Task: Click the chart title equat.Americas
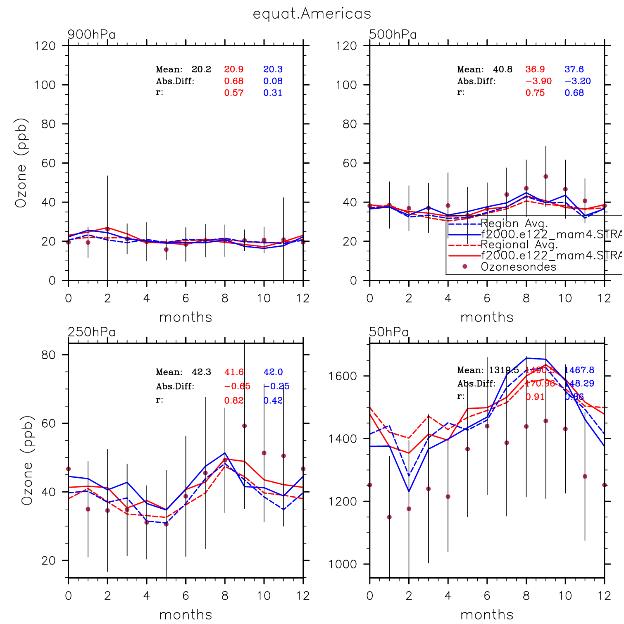(x=312, y=14)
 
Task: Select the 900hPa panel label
(x=91, y=34)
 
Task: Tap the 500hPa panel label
(x=393, y=34)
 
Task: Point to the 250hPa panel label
(x=91, y=332)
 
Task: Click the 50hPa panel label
(x=389, y=332)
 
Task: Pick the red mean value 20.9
(x=234, y=69)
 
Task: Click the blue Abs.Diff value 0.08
(x=273, y=81)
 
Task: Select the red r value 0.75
(x=535, y=93)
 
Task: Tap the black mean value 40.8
(x=503, y=69)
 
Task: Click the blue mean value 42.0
(x=273, y=372)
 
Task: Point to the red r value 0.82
(x=234, y=400)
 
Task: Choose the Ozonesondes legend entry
(x=518, y=267)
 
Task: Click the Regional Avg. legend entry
(x=519, y=245)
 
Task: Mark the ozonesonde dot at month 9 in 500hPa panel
(x=545, y=176)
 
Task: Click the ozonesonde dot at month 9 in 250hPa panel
(x=244, y=426)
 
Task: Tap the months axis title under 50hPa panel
(x=487, y=614)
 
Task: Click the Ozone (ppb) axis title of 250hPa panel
(x=27, y=460)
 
